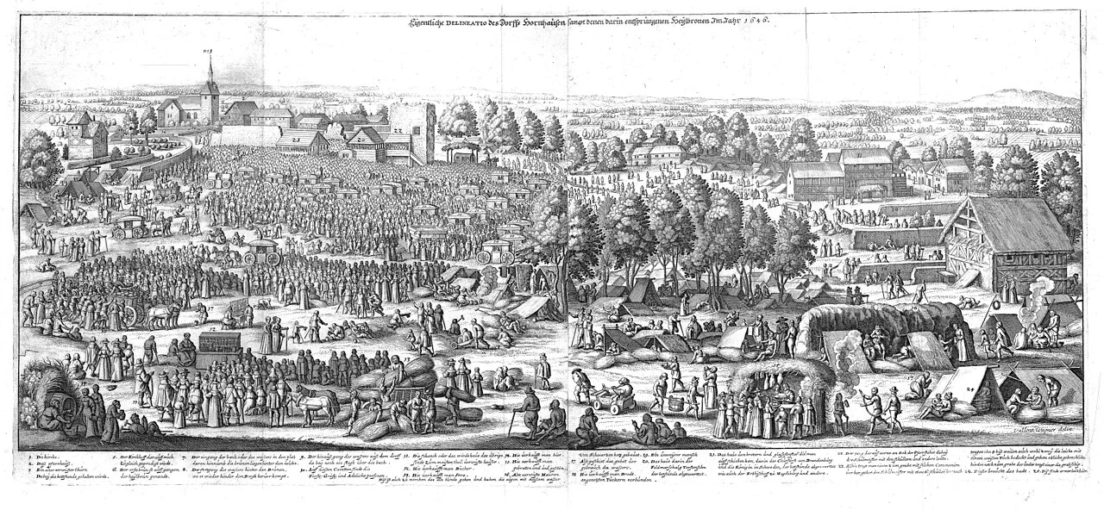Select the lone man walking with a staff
pyautogui.click(x=543, y=370)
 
